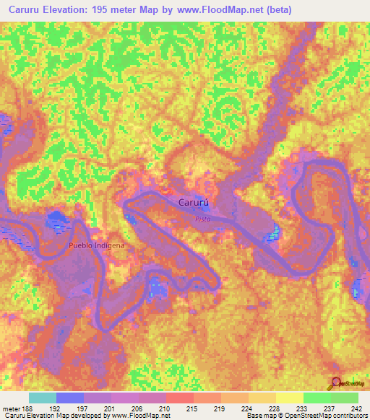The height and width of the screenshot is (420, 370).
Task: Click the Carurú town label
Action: [x=194, y=204]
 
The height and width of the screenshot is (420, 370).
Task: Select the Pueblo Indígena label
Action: [x=96, y=245]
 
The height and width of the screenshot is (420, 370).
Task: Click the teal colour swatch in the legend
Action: [x=43, y=398]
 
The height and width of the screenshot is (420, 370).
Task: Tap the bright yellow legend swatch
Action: [x=290, y=398]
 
